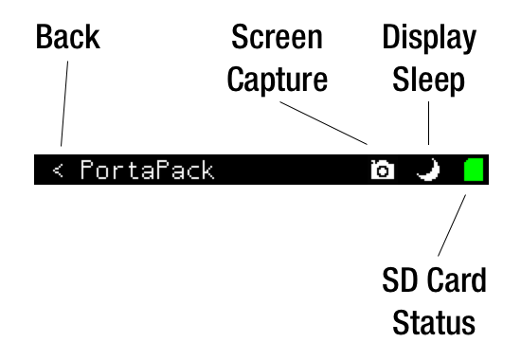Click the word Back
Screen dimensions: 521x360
pos(68,37)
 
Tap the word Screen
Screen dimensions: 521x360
pos(278,37)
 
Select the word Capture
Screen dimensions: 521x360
pos(278,80)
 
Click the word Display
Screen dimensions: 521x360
pos(429,39)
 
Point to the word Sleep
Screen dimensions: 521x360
pos(428,81)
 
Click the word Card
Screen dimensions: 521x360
pos(457,279)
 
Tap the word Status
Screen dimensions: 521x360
pos(434,322)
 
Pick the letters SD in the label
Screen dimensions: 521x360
pos(402,279)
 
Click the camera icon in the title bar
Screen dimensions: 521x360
pos(383,170)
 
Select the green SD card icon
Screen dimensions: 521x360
pos(474,170)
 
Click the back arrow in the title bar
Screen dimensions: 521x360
pos(58,171)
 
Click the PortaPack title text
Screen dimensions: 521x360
pos(147,170)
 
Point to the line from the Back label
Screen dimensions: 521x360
pos(64,103)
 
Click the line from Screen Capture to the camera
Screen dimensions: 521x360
pos(324,123)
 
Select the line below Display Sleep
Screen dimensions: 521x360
pos(428,123)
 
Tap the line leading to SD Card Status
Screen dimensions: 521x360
pos(452,225)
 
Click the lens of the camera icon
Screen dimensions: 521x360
pos(383,171)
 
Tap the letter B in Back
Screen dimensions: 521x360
pos(44,37)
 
